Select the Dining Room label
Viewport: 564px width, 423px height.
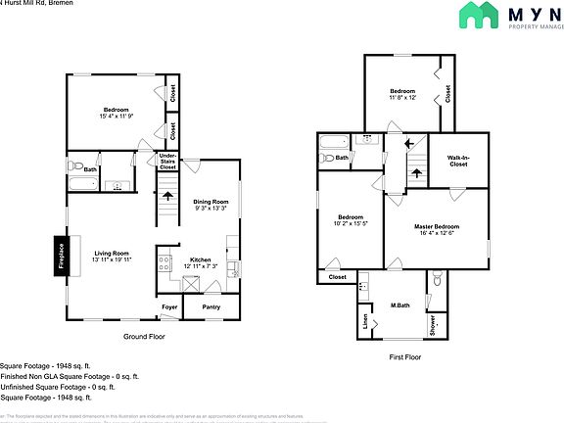[x=210, y=202]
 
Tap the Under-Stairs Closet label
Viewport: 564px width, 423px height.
[x=167, y=162]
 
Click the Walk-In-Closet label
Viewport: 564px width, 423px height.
[x=458, y=161]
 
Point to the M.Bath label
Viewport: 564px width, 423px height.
[x=399, y=306]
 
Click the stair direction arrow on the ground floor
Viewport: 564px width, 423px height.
[x=167, y=195]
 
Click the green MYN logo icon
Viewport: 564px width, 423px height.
[x=477, y=17]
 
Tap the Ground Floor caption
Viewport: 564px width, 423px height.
[x=143, y=337]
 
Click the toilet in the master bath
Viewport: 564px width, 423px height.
[x=438, y=280]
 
